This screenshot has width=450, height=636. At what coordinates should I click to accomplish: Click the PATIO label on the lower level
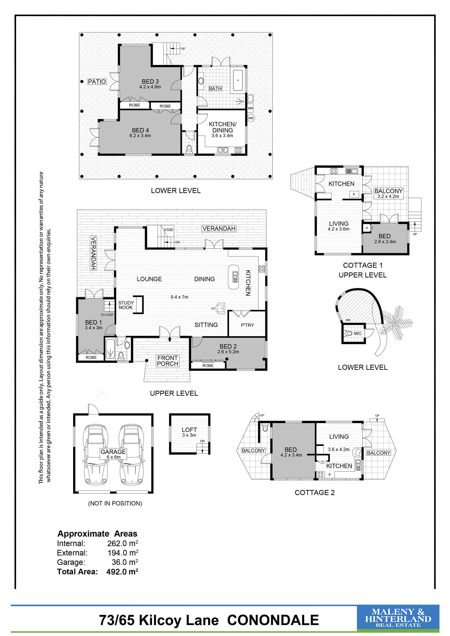97,81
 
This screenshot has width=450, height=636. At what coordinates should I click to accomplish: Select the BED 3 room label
150,81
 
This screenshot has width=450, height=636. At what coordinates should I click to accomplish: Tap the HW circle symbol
251,118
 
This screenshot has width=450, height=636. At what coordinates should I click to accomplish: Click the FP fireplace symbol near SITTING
221,308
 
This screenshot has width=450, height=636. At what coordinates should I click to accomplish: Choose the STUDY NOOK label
126,305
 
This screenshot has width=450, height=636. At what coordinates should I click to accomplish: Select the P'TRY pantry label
247,325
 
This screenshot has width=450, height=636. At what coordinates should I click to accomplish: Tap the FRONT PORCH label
168,361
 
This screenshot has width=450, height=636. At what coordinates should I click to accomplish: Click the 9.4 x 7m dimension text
179,297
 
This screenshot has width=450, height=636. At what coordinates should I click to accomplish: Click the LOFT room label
189,430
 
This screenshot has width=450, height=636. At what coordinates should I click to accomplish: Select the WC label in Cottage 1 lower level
358,334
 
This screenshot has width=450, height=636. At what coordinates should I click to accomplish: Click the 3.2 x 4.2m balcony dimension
388,196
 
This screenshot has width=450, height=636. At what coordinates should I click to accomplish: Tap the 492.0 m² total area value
122,571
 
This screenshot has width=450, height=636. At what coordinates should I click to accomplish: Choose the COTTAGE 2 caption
315,493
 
